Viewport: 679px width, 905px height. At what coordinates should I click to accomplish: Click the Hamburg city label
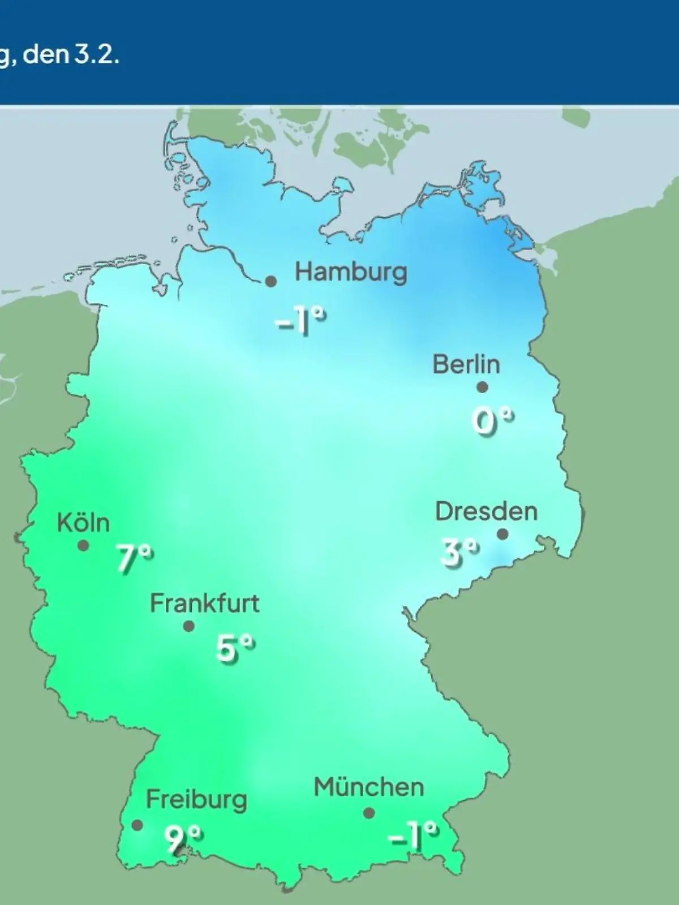[x=351, y=273]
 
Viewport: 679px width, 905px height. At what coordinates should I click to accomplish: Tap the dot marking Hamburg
[x=271, y=281]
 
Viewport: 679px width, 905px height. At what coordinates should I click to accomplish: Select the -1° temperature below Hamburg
[x=300, y=322]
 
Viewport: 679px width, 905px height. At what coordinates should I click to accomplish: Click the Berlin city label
[x=466, y=364]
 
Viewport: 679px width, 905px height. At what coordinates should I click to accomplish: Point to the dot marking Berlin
[x=482, y=387]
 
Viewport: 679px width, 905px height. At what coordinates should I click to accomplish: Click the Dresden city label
[x=486, y=512]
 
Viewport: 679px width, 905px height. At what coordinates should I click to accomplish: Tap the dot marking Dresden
[x=502, y=534]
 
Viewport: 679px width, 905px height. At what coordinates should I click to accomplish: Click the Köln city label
[x=83, y=523]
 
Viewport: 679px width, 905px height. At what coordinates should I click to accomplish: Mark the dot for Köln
[x=83, y=546]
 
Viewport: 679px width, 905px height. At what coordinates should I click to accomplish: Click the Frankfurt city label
[x=204, y=604]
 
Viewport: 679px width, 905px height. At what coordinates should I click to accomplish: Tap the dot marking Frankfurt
[x=189, y=626]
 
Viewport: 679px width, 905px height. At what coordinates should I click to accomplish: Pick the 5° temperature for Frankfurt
[x=235, y=648]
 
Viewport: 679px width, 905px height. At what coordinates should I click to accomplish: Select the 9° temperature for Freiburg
[x=183, y=839]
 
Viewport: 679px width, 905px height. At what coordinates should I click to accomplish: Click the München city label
[x=368, y=787]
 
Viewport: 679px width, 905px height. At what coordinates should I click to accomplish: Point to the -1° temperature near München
[x=414, y=836]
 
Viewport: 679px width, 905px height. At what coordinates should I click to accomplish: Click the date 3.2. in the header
[x=96, y=57]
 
